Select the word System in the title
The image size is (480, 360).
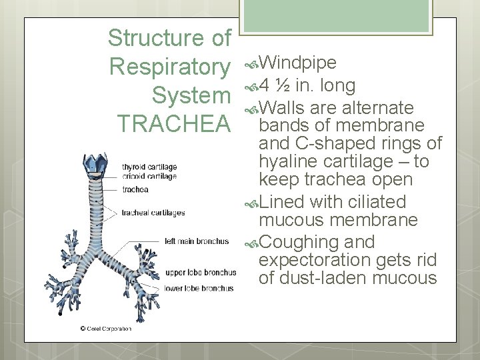coord(191,95)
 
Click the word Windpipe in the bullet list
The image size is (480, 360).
coord(297,63)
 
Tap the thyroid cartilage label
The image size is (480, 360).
coord(149,167)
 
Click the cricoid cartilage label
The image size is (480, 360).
coord(149,176)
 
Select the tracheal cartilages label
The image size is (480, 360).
coord(153,213)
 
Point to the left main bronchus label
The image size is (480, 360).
coord(197,241)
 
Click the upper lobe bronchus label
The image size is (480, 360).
coord(200,273)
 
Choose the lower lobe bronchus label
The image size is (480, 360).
coord(199,289)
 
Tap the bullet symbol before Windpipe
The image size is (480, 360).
coord(250,63)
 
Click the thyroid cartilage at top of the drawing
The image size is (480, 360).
coord(93,164)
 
